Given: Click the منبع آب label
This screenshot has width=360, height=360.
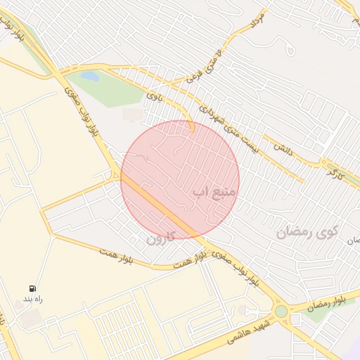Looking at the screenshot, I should [x=215, y=191].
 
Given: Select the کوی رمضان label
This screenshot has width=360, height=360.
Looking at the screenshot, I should [x=307, y=231].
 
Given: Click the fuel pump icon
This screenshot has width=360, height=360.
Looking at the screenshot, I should [x=32, y=288].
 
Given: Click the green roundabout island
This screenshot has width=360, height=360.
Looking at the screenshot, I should [x=281, y=311].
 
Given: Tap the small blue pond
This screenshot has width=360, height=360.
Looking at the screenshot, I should [x=89, y=75].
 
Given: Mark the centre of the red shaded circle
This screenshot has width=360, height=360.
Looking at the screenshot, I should [x=180, y=179].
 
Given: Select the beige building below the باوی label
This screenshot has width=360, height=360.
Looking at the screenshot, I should [x=131, y=114].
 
